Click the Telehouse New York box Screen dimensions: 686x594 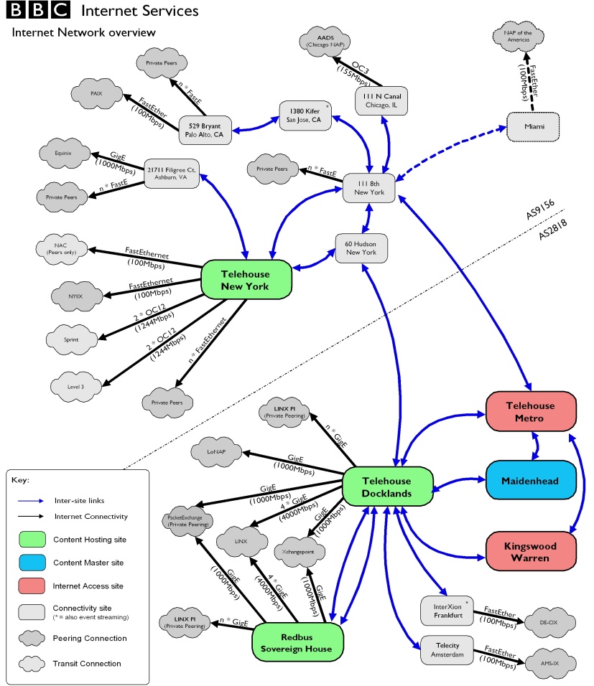click(246, 279)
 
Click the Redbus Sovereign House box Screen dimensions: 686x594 click(297, 642)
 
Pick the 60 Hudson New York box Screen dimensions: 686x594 click(361, 248)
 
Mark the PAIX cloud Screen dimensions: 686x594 click(97, 93)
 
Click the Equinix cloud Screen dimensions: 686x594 click(65, 153)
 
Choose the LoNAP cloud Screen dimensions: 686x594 click(216, 453)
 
